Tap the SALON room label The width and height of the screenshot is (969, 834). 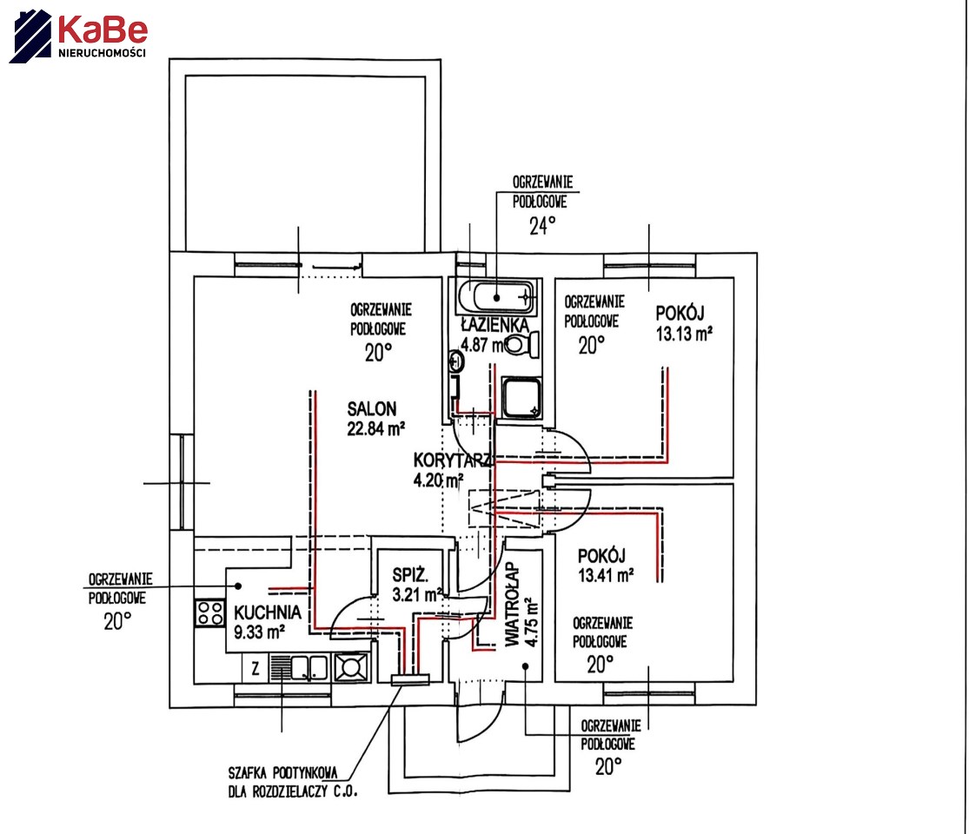(x=372, y=408)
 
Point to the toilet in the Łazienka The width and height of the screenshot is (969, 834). (x=521, y=345)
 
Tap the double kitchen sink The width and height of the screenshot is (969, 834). (x=309, y=667)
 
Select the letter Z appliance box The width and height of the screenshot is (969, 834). (x=255, y=668)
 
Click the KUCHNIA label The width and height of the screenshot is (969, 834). (x=268, y=612)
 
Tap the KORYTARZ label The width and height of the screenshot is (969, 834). (x=452, y=460)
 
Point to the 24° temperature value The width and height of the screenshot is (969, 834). (x=541, y=228)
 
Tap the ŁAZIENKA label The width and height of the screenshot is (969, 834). (x=494, y=325)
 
